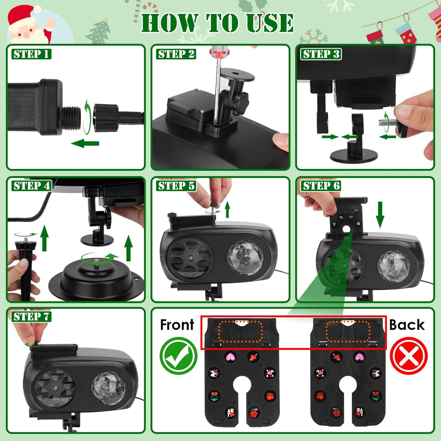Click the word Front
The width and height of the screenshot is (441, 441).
177,325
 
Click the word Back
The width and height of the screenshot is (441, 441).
407,325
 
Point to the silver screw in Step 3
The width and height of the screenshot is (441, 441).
387,122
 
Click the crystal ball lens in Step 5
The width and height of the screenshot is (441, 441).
245,258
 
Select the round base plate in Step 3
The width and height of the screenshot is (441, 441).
354,156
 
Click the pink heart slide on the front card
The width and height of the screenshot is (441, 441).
231,357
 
